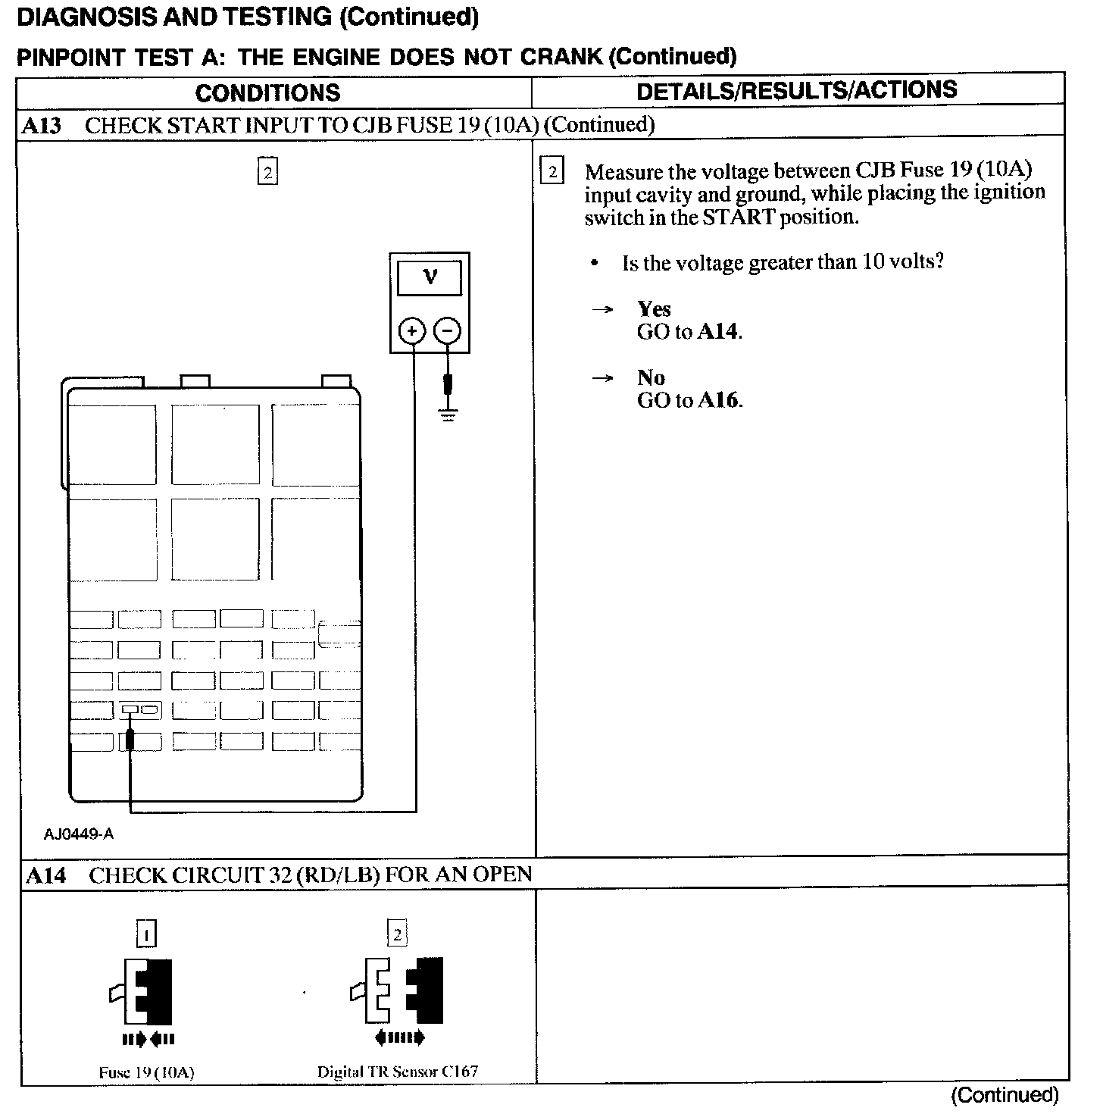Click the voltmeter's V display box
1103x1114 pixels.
(430, 278)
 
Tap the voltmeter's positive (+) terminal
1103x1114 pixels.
(412, 331)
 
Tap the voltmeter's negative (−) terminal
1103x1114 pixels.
(448, 331)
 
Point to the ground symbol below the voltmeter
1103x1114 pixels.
(448, 415)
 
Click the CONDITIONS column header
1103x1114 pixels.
(267, 92)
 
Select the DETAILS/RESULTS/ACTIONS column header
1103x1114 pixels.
(796, 90)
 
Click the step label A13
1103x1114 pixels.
(41, 125)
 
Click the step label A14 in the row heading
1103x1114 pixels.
(45, 876)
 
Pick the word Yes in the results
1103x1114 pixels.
(654, 309)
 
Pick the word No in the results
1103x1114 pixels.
(651, 378)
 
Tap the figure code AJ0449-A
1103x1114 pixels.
(78, 834)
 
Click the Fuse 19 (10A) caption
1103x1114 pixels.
(146, 1073)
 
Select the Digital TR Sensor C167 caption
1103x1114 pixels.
(398, 1072)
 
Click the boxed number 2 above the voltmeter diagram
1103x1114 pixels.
(267, 172)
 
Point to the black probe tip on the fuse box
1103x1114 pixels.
(130, 739)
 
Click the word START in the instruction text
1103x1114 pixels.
(739, 217)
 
